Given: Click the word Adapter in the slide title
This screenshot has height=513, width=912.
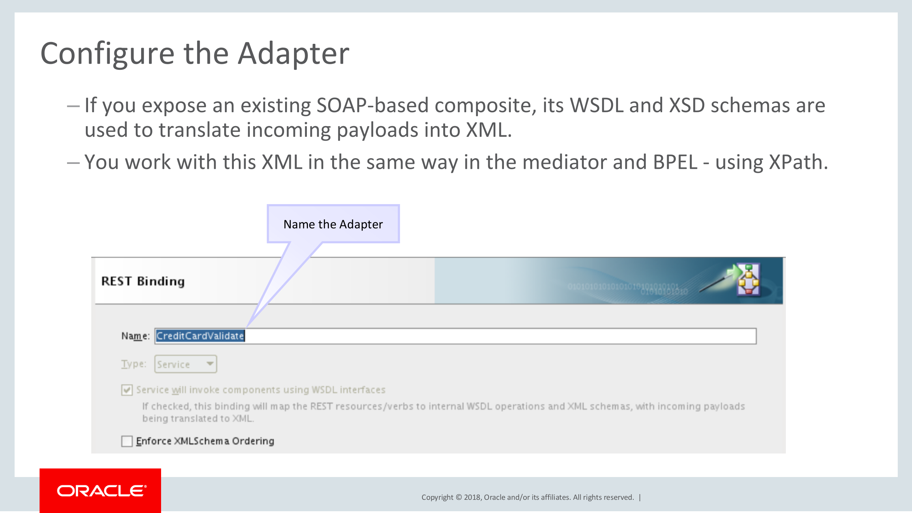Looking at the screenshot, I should pyautogui.click(x=293, y=53).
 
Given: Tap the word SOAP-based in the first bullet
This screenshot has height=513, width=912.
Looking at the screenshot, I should pyautogui.click(x=372, y=105).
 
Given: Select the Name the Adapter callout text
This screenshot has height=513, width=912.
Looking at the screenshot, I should pyautogui.click(x=333, y=224).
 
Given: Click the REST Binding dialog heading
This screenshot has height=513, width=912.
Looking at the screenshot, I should pyautogui.click(x=143, y=281).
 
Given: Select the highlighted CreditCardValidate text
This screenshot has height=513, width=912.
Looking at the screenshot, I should pyautogui.click(x=200, y=336).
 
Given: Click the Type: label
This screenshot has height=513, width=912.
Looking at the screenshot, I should pyautogui.click(x=134, y=364).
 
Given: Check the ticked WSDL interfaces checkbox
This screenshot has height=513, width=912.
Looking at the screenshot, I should pyautogui.click(x=127, y=390).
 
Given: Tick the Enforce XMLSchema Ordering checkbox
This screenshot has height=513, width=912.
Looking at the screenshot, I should pyautogui.click(x=127, y=441).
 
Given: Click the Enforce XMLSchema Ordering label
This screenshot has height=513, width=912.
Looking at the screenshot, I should pyautogui.click(x=205, y=441).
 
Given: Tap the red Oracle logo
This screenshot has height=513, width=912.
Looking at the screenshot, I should pyautogui.click(x=101, y=491).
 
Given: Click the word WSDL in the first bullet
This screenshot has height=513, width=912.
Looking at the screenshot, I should pyautogui.click(x=597, y=105).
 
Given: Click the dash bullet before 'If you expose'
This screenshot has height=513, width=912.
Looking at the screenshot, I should pyautogui.click(x=73, y=106).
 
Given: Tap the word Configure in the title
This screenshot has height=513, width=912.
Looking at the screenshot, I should pyautogui.click(x=107, y=53).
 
